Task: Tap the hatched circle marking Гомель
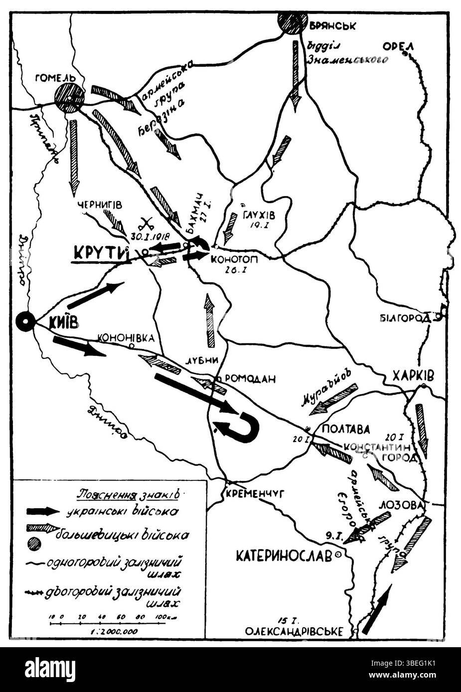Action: [x=68, y=98]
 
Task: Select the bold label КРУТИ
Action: [x=99, y=253]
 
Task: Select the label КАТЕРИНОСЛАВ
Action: [x=284, y=556]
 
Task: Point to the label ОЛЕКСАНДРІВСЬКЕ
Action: [x=294, y=632]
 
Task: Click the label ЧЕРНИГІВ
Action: [x=100, y=205]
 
